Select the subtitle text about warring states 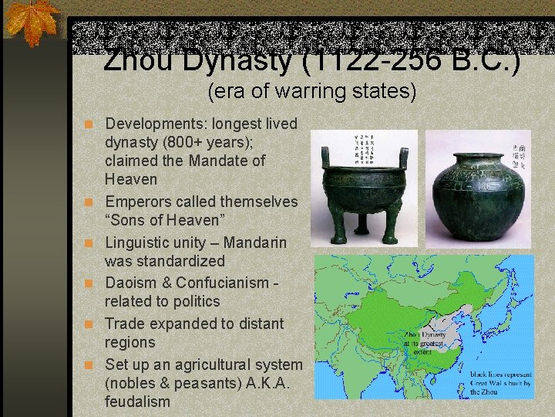pyautogui.click(x=311, y=93)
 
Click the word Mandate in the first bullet pyautogui.click(x=213, y=161)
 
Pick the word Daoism pyautogui.click(x=133, y=283)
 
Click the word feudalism pyautogui.click(x=137, y=402)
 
